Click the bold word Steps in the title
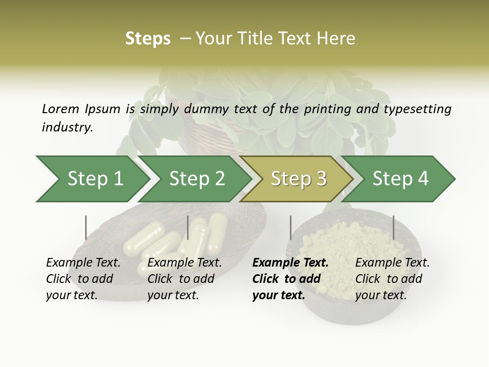(x=148, y=39)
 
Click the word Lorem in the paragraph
(x=60, y=109)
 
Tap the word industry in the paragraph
(x=67, y=127)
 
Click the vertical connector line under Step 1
(x=86, y=227)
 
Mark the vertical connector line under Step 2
(x=188, y=227)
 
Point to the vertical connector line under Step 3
(x=290, y=227)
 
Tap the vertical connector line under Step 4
(x=393, y=227)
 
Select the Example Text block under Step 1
(x=83, y=279)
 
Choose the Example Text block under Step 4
(x=392, y=279)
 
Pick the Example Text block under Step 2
(x=184, y=279)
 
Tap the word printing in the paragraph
(x=327, y=109)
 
